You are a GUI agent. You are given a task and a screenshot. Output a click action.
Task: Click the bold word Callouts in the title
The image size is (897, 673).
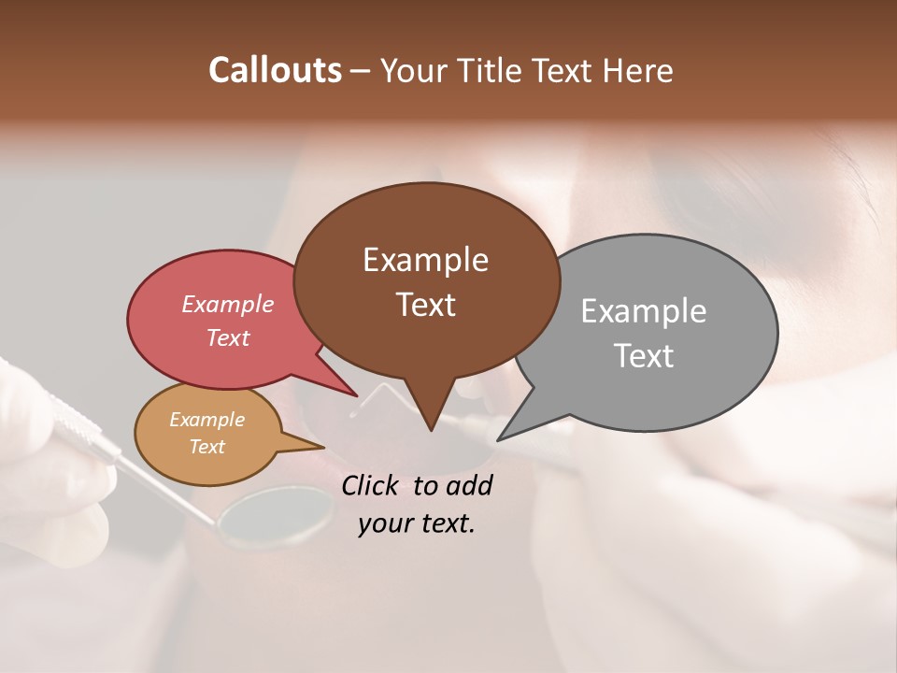click(x=275, y=70)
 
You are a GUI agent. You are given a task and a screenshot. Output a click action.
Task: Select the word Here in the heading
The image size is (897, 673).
click(x=636, y=71)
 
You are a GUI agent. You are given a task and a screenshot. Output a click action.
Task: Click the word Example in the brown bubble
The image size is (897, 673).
click(x=425, y=260)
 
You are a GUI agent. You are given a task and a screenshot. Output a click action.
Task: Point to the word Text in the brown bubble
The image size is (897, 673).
click(x=425, y=305)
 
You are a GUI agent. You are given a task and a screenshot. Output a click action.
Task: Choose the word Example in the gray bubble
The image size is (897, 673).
click(x=644, y=311)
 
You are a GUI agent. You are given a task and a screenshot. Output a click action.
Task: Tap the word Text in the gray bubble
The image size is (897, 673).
click(x=644, y=356)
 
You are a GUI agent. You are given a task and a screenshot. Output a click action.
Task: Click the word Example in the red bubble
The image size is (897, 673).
click(x=227, y=305)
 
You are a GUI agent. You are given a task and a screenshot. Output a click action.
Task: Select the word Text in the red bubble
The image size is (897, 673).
click(x=227, y=337)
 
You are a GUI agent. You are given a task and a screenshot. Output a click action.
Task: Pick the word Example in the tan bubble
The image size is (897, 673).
click(x=206, y=420)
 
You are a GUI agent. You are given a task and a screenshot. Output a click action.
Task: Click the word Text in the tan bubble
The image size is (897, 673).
click(x=206, y=447)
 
